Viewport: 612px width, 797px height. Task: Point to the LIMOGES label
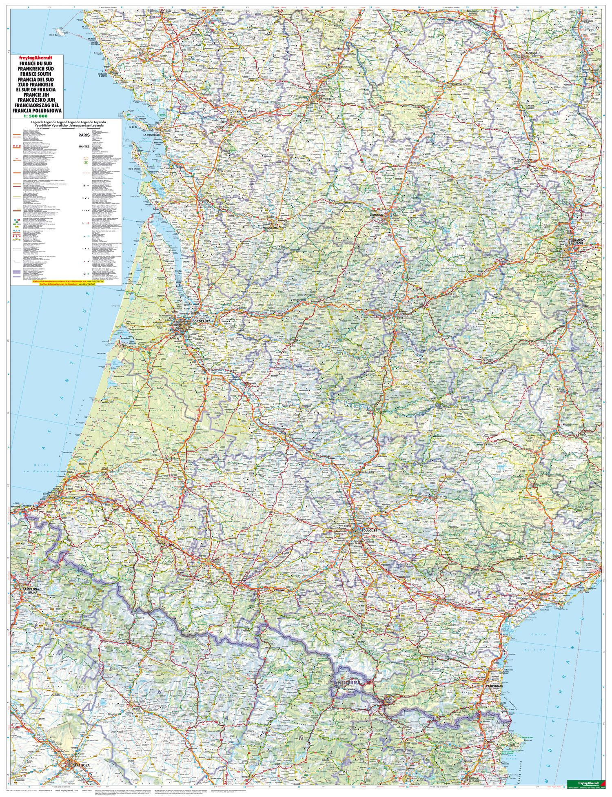pyautogui.click(x=376, y=214)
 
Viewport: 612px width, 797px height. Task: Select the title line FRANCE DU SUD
pyautogui.click(x=37, y=64)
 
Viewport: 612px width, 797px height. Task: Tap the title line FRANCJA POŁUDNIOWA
pyautogui.click(x=37, y=111)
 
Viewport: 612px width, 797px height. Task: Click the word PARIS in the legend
pyautogui.click(x=84, y=133)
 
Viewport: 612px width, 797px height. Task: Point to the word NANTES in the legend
pyautogui.click(x=84, y=146)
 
